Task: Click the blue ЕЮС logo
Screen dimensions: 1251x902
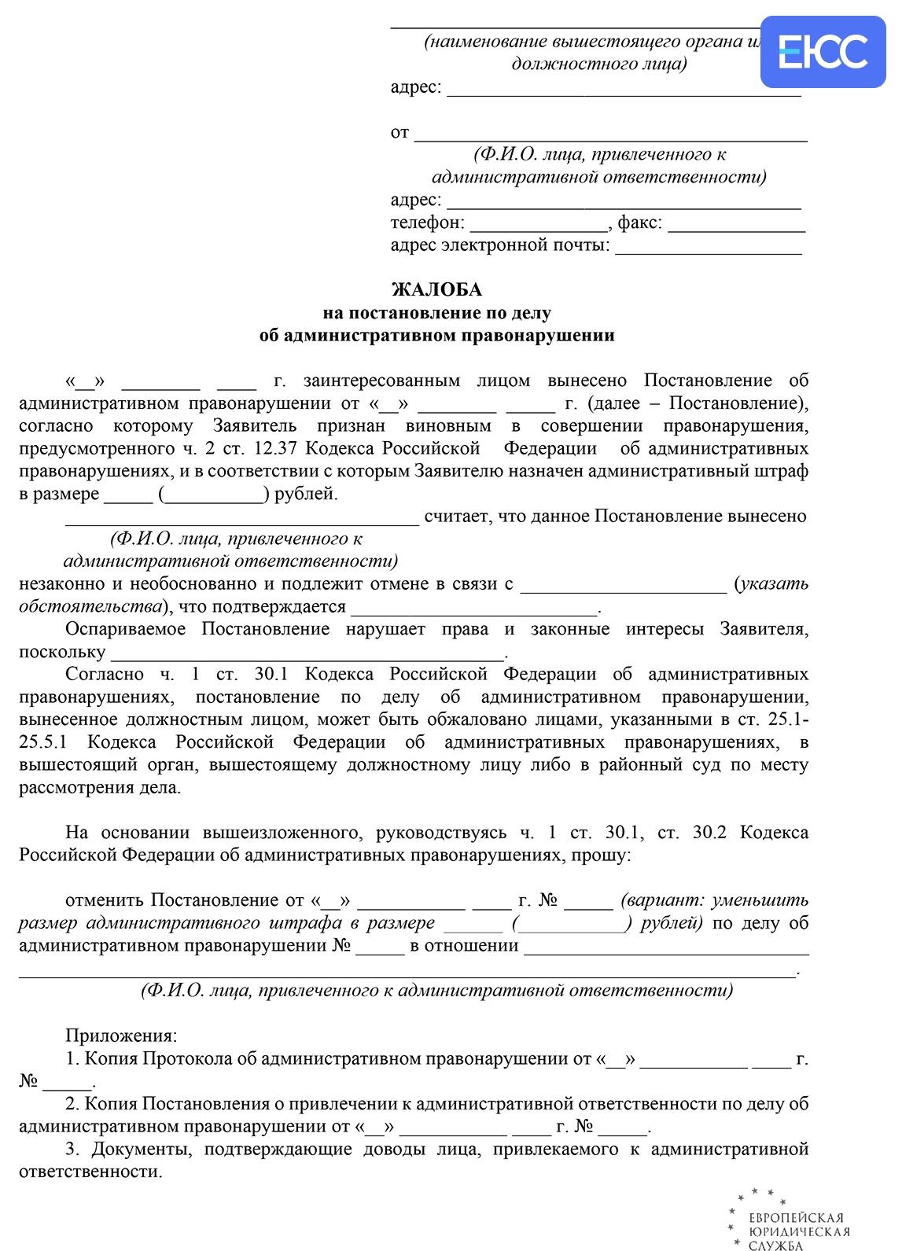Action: [x=823, y=50]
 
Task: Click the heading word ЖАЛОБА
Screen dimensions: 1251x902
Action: [x=436, y=289]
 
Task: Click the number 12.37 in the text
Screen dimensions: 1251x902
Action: [x=274, y=449]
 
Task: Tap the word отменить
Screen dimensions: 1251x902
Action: [x=105, y=900]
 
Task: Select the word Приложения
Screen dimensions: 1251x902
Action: [x=121, y=1036]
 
